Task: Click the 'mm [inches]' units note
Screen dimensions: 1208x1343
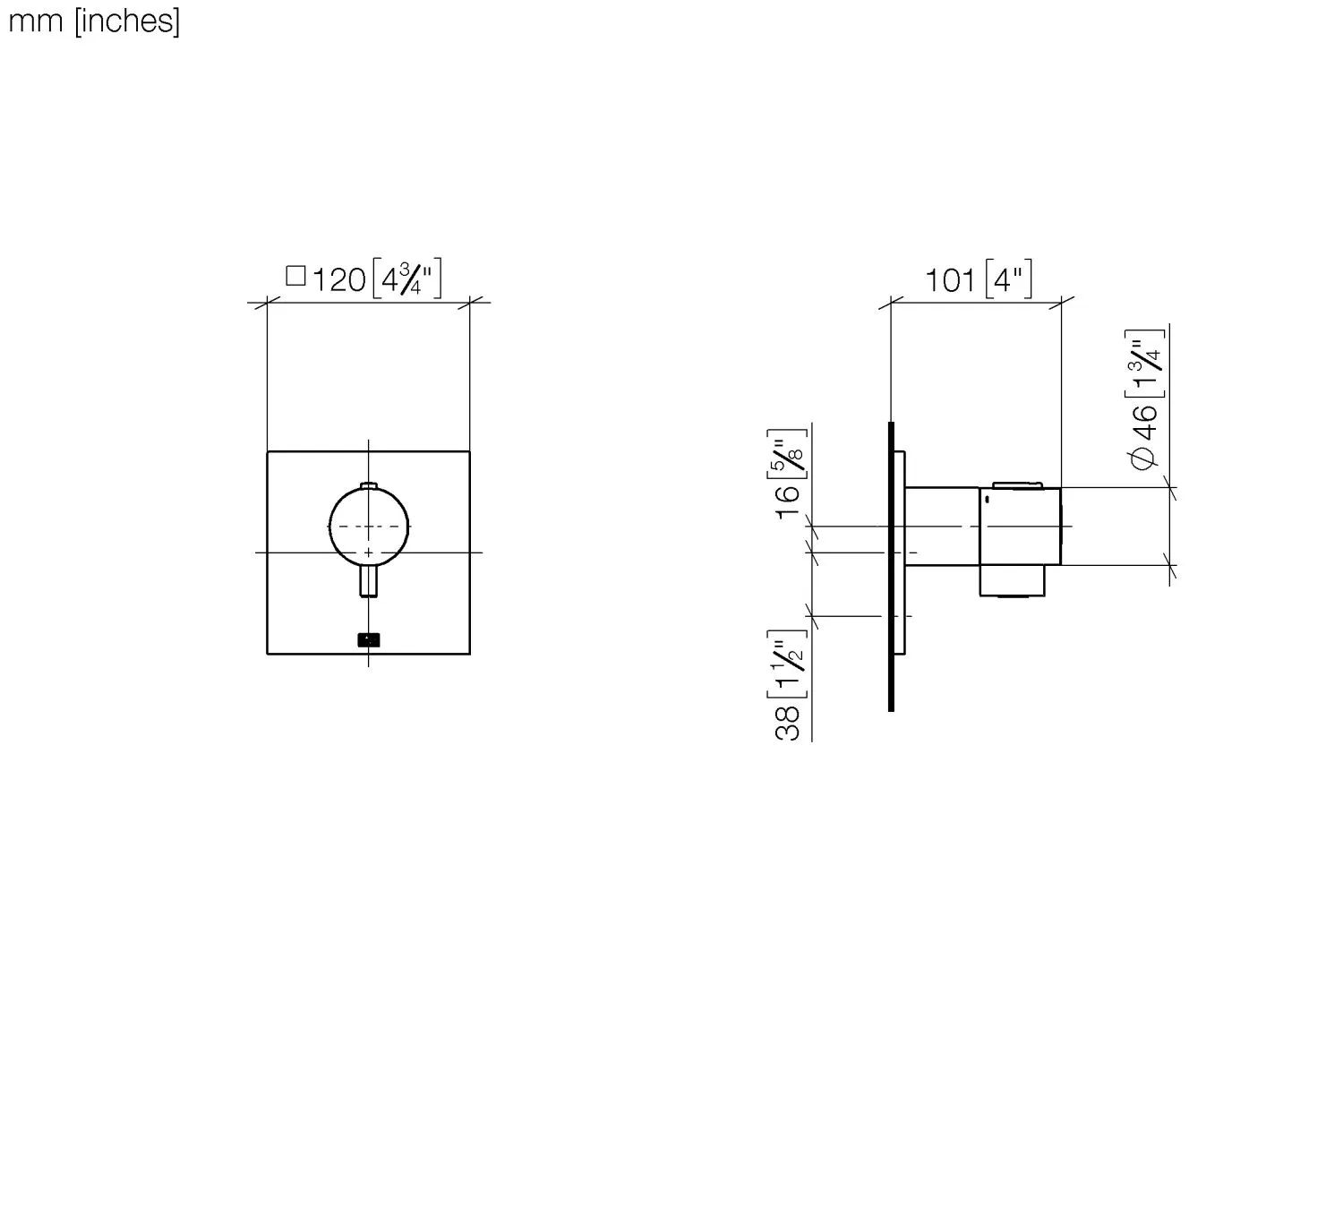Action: [94, 21]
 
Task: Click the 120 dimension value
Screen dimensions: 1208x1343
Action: [338, 280]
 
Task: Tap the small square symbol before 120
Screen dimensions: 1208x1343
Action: [295, 275]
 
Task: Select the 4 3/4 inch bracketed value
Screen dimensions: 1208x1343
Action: [407, 278]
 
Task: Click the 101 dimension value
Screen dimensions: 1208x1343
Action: [949, 281]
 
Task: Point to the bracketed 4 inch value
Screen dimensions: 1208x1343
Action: [1008, 279]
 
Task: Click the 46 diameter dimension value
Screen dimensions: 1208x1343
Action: [1147, 420]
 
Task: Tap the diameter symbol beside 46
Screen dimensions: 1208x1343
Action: [1145, 457]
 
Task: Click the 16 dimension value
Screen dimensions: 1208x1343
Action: [789, 501]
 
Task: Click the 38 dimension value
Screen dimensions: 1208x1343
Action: [789, 723]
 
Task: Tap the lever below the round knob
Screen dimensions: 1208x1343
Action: [369, 582]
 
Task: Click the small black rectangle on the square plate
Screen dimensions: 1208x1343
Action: [369, 639]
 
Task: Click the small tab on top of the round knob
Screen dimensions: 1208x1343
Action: [369, 486]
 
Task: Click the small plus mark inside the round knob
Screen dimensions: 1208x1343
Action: [368, 553]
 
